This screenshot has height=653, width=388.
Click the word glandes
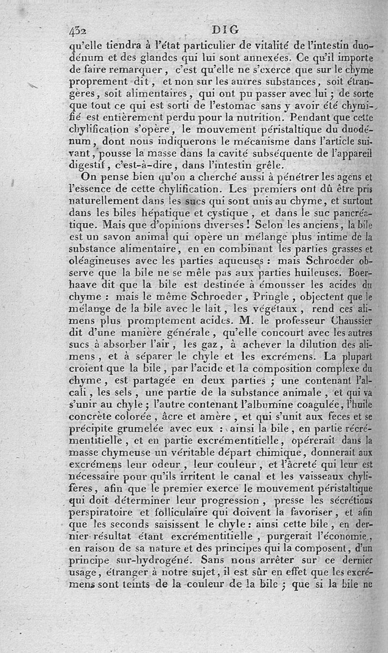(x=128, y=55)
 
